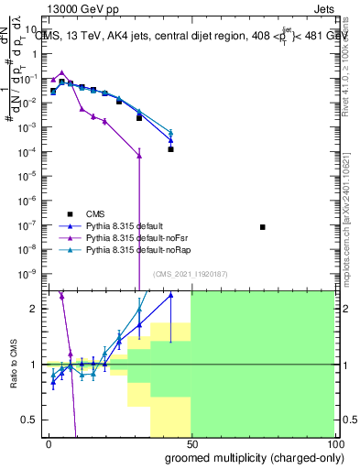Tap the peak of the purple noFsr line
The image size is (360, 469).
click(x=61, y=72)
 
